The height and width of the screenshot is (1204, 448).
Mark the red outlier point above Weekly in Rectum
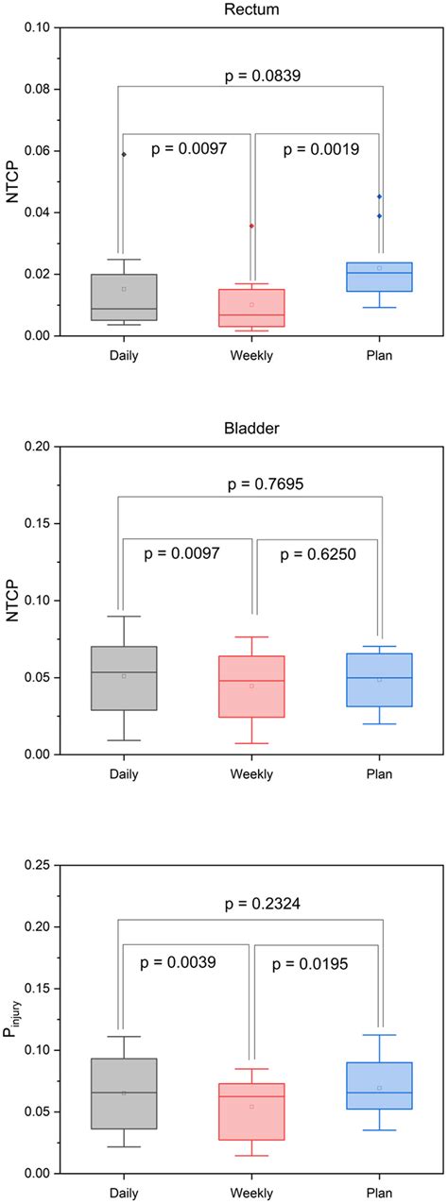(251, 226)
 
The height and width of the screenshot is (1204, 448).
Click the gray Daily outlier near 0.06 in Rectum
(124, 154)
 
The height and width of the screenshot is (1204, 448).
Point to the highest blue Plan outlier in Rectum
(379, 196)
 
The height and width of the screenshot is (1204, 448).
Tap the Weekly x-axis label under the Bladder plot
(251, 775)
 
